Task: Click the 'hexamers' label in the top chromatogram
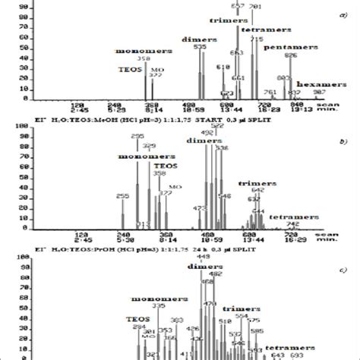coord(317,84)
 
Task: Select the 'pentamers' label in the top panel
coord(280,46)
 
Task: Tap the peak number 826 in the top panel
coord(290,55)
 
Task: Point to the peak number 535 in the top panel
coord(201,47)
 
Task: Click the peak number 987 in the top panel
coord(319,91)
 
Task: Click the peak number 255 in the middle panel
coord(123,196)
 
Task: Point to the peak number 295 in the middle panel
coord(137,136)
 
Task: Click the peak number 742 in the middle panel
coord(292,224)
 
